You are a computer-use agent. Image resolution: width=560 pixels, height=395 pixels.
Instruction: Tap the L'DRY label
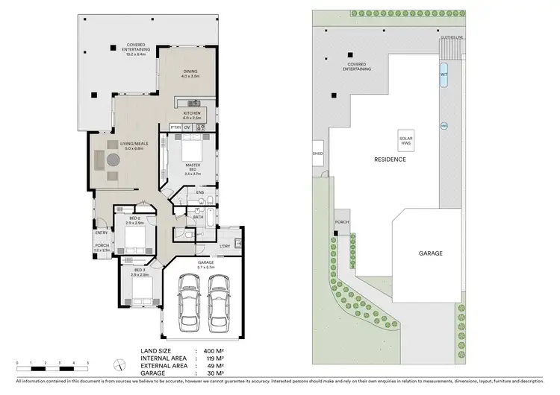[224, 246]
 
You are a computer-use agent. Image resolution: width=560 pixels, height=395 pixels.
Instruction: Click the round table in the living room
[111, 159]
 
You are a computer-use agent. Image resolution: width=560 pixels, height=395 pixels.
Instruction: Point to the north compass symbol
[118, 364]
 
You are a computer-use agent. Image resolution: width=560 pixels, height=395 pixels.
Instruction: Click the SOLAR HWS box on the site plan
[406, 140]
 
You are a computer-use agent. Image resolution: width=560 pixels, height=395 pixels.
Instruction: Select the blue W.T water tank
[444, 75]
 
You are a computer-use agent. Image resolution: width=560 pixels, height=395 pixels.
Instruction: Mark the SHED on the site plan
[317, 156]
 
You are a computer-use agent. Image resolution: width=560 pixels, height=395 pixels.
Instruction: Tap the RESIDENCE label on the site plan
[390, 159]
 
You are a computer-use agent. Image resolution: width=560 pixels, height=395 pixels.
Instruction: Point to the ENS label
[200, 193]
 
